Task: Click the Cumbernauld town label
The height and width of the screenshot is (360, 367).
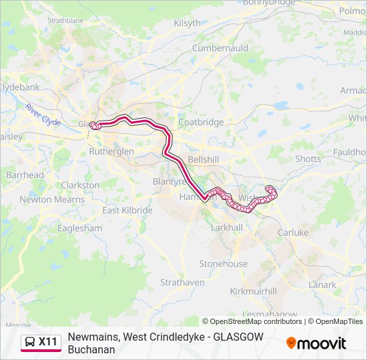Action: pyautogui.click(x=220, y=48)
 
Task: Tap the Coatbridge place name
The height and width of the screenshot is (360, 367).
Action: pyautogui.click(x=201, y=122)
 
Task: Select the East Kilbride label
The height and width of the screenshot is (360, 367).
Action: pyautogui.click(x=127, y=210)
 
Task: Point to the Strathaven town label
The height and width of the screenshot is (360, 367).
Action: pyautogui.click(x=182, y=282)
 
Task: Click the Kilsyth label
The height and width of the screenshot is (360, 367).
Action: pyautogui.click(x=187, y=23)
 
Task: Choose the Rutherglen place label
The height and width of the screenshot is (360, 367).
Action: pyautogui.click(x=111, y=151)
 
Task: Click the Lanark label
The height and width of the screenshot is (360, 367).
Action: pyautogui.click(x=322, y=285)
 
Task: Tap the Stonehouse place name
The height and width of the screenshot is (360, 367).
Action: pyautogui.click(x=223, y=263)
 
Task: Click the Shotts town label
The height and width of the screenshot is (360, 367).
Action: pyautogui.click(x=308, y=159)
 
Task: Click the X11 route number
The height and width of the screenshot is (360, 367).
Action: pyautogui.click(x=48, y=343)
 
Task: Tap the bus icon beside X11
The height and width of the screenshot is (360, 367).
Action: pyautogui.click(x=30, y=343)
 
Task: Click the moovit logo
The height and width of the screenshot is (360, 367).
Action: pyautogui.click(x=316, y=343)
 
